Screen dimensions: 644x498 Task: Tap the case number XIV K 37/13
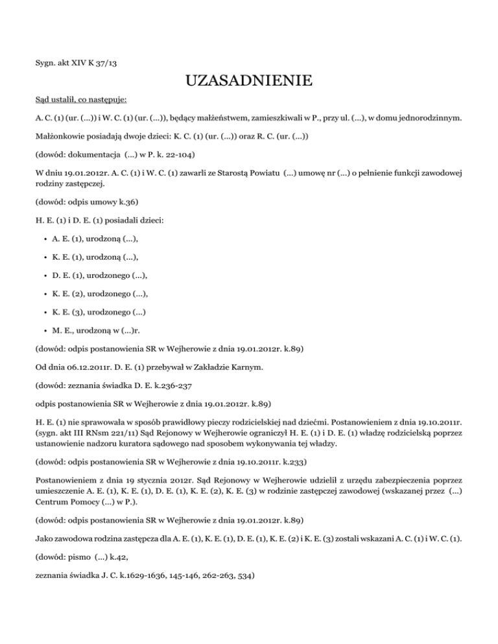click(x=97, y=63)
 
